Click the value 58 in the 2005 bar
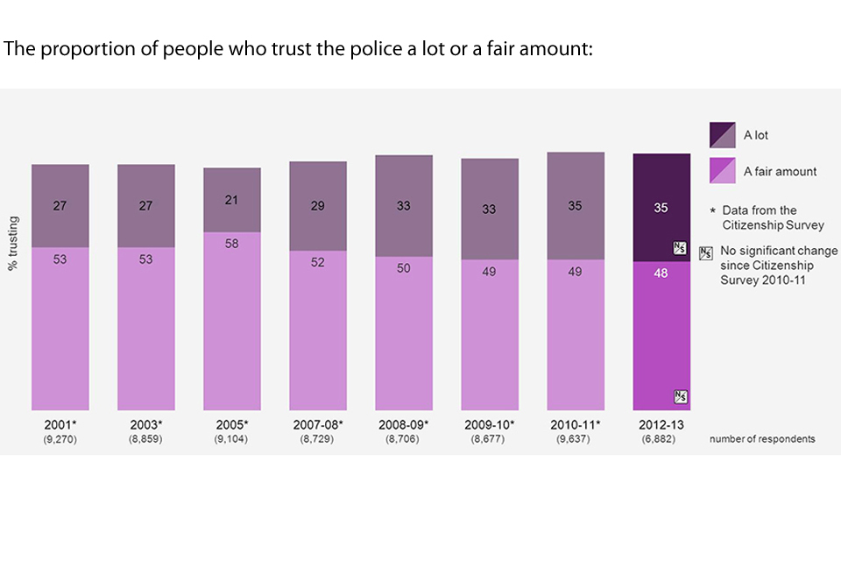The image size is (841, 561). [x=232, y=243]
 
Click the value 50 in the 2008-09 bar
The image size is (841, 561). [x=404, y=268]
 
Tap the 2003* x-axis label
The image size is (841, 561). [x=146, y=424]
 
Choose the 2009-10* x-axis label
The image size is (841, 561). [x=490, y=424]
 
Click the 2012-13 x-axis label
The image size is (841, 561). [x=661, y=424]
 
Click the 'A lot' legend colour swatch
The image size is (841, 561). [x=722, y=135]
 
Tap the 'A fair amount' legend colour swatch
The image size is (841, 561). [x=722, y=171]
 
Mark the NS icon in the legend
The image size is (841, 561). [x=707, y=253]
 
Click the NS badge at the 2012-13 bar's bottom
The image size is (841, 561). [x=681, y=397]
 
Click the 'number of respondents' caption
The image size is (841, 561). [x=762, y=438]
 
